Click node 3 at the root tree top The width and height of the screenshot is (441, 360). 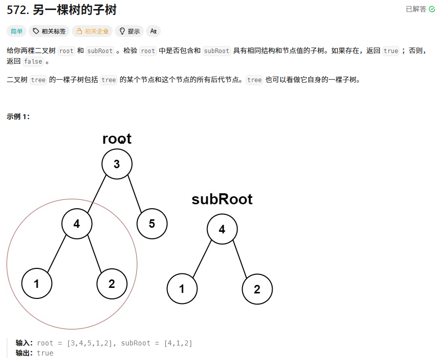(x=117, y=164)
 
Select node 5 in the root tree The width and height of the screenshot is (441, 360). (x=152, y=223)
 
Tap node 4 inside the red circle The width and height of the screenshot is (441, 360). (x=77, y=223)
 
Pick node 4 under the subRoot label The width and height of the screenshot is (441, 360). (x=222, y=229)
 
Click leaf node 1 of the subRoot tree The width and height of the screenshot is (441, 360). (x=182, y=289)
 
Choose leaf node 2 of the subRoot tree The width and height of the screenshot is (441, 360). (x=257, y=289)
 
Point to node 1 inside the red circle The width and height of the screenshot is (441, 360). (x=37, y=284)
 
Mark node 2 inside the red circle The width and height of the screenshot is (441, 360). (x=112, y=284)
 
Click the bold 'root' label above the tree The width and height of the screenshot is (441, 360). (x=117, y=139)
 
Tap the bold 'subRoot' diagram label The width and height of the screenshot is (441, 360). (x=222, y=199)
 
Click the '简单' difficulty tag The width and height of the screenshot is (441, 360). (x=17, y=31)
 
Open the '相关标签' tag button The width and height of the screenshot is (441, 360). (x=49, y=31)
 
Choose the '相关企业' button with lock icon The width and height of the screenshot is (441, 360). (x=92, y=31)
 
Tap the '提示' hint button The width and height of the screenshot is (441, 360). (x=129, y=31)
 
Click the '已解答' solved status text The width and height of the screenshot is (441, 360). (x=416, y=9)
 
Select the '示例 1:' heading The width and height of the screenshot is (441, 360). (x=18, y=117)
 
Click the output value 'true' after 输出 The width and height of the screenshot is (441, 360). (x=45, y=353)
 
